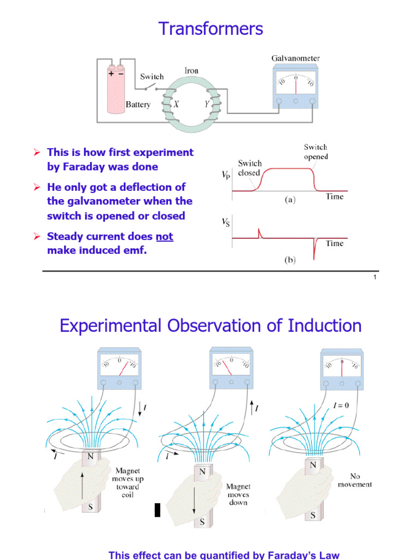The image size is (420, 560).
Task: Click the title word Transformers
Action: point(211,28)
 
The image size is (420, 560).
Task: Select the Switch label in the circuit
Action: point(151,77)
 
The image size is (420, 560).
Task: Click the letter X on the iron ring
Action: point(177,103)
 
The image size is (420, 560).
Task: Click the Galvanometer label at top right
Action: point(295,59)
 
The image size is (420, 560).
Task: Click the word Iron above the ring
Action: point(191,71)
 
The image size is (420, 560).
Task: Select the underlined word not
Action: point(165,237)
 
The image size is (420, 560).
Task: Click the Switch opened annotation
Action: point(316,152)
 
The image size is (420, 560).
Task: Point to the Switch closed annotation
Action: point(250,168)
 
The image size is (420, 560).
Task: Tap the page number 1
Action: point(375,278)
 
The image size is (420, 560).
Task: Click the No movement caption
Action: point(355,480)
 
